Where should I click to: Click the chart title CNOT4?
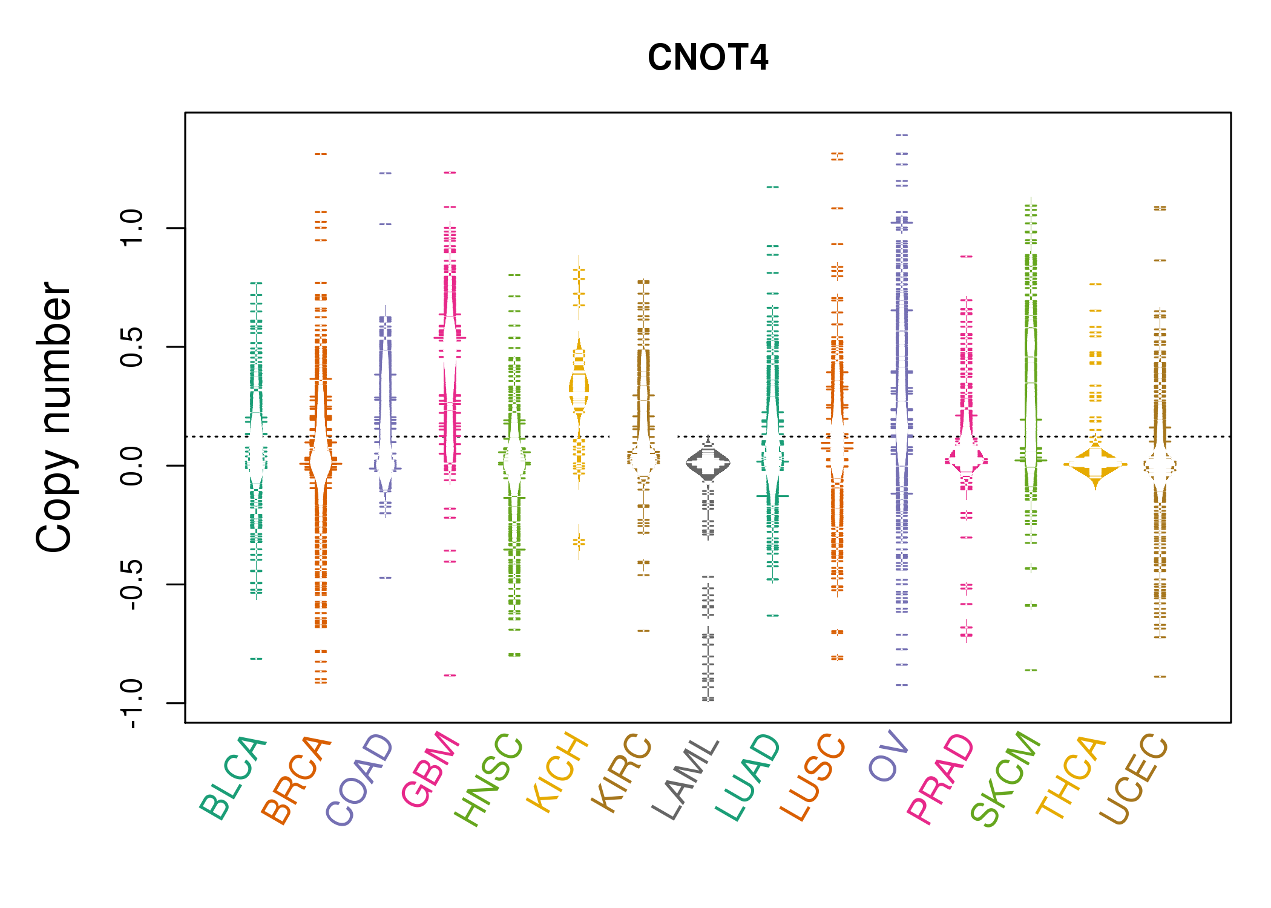(708, 58)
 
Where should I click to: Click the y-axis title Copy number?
(54, 417)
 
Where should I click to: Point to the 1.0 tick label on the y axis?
(132, 228)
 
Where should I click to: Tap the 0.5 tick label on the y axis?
(132, 347)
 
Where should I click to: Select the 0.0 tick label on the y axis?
(132, 466)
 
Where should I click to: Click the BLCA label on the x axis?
(234, 777)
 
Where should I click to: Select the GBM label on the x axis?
(431, 769)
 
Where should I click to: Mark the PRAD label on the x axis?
(941, 777)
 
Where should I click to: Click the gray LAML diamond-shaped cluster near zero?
(708, 464)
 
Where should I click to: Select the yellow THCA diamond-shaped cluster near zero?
(1095, 465)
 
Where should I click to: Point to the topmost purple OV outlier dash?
(902, 136)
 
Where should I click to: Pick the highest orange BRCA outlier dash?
(321, 154)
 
